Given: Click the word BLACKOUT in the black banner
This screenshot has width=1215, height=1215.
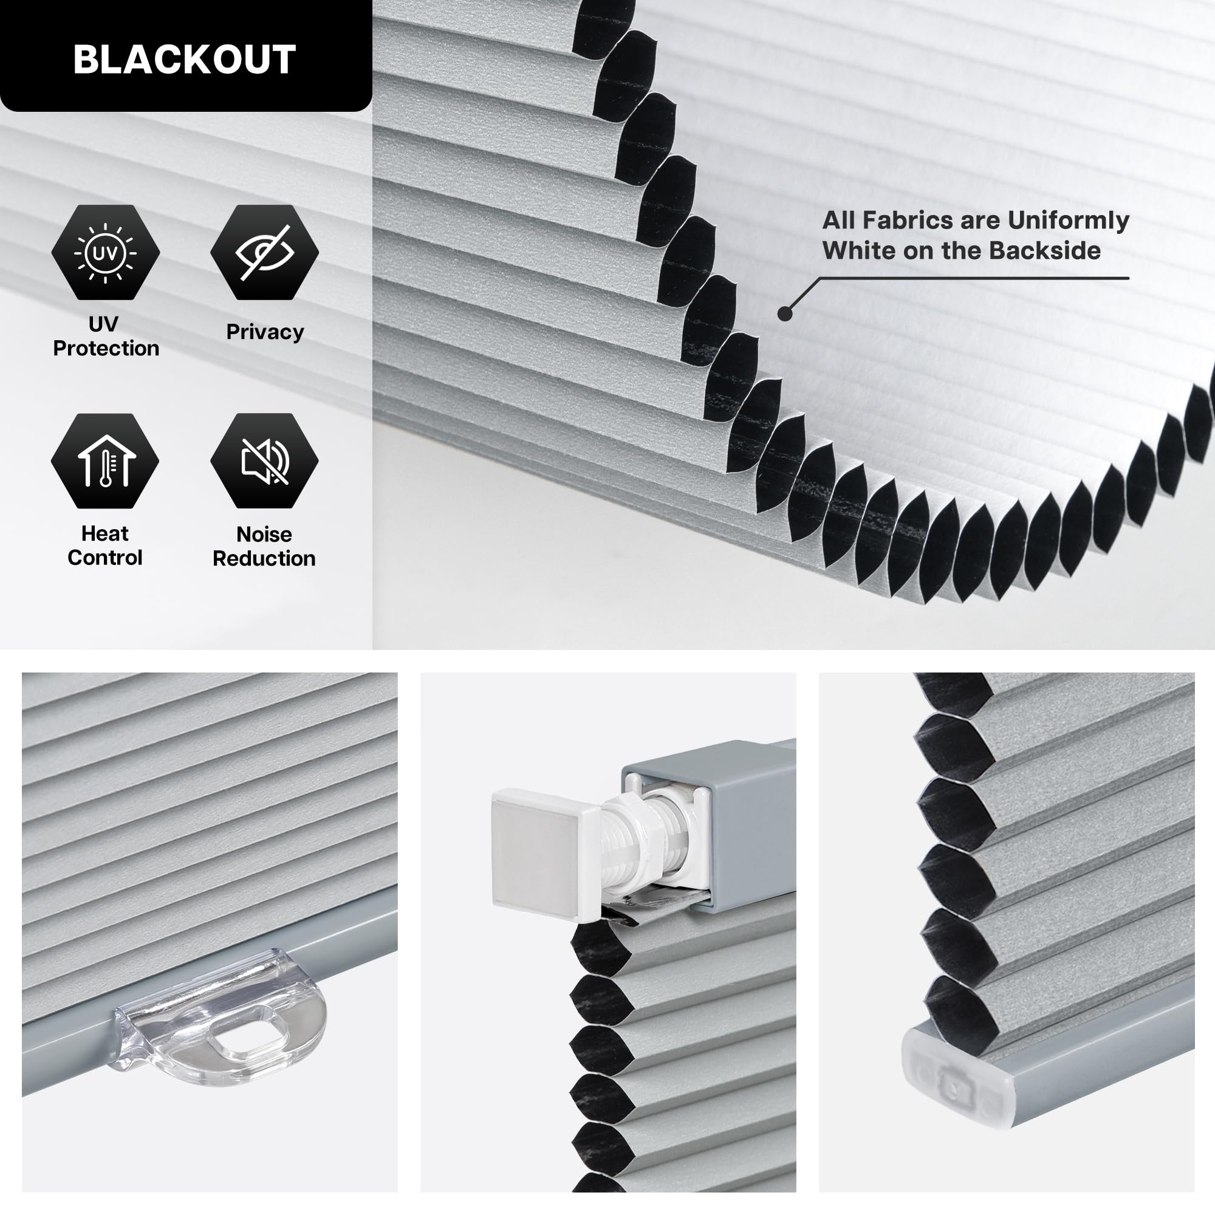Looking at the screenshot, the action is point(184,60).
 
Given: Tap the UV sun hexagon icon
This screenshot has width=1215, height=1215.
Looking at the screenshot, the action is point(105,252).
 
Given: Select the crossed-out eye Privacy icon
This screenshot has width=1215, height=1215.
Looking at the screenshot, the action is point(264,252).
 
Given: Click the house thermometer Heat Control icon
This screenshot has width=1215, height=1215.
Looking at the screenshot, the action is point(105,460).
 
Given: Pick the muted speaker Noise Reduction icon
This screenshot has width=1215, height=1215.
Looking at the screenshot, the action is point(264,460).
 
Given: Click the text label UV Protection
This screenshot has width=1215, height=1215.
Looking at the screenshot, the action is point(106,336).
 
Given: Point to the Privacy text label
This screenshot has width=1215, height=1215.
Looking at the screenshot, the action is point(265,332).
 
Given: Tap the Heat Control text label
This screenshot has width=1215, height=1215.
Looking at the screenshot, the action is point(105,546).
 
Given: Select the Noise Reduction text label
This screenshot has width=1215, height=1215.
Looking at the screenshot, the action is point(264,546).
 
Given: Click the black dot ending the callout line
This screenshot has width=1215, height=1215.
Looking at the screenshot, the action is point(785,313).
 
